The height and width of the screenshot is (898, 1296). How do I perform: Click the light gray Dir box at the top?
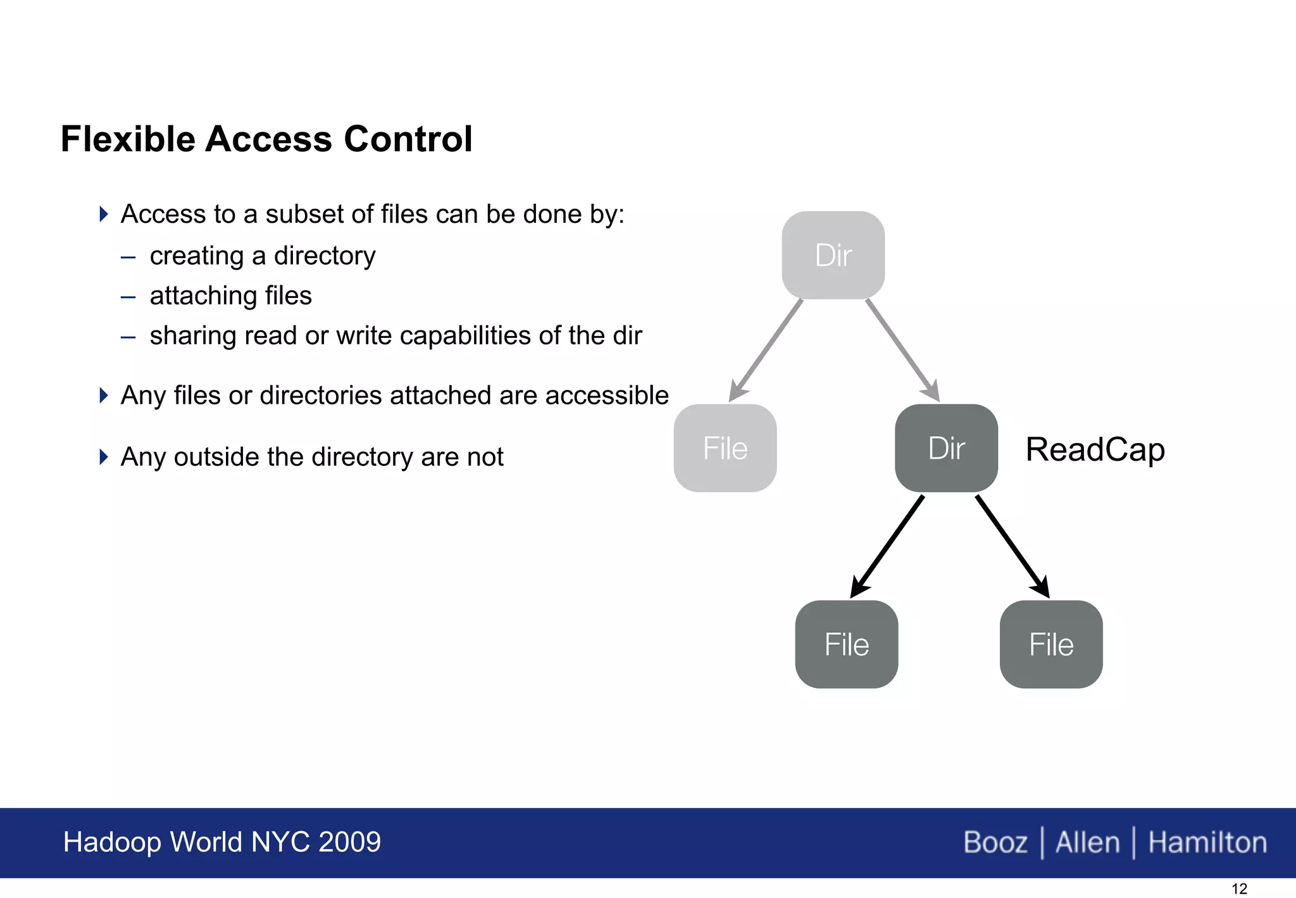point(833,255)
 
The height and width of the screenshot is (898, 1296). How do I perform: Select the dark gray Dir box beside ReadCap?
point(946,448)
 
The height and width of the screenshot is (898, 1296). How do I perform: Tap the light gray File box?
point(725,448)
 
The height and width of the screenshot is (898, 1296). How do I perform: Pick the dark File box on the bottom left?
point(847,644)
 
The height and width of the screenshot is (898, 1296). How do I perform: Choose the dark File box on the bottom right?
point(1051,644)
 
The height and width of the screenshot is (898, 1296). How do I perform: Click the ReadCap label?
point(1095,449)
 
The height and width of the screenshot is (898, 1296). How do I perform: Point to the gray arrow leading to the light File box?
point(766,349)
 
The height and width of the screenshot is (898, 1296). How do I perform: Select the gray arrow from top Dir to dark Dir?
point(902,349)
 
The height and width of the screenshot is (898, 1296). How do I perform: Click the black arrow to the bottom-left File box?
point(887,546)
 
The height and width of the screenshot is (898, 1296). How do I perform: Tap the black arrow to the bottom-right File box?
point(1012,546)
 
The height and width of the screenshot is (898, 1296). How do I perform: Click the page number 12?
point(1239,889)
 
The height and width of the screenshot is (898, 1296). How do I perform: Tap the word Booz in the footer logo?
point(995,842)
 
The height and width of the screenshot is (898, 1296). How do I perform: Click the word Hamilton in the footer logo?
point(1207,842)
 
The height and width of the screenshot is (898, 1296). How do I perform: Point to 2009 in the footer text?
point(349,842)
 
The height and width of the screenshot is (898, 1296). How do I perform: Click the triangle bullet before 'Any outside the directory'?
point(104,456)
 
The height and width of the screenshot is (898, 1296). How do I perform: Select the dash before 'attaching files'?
point(128,296)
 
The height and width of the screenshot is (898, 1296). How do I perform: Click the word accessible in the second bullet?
point(607,395)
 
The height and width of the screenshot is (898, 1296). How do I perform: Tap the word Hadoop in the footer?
point(113,842)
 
